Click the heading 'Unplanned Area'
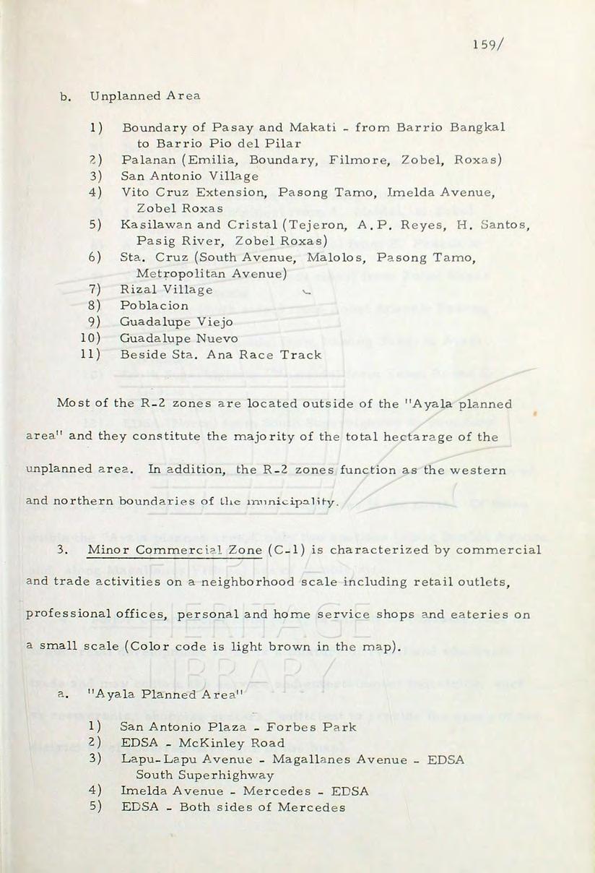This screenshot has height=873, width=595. pyautogui.click(x=144, y=95)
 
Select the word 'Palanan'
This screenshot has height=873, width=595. pyautogui.click(x=145, y=159)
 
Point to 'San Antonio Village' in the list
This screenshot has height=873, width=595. pyautogui.click(x=190, y=176)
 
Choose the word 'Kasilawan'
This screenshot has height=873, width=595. pyautogui.click(x=152, y=225)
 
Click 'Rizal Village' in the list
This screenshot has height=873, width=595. pyautogui.click(x=167, y=290)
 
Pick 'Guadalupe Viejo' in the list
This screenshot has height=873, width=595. pyautogui.click(x=176, y=322)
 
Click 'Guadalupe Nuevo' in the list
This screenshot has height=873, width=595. pyautogui.click(x=179, y=338)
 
